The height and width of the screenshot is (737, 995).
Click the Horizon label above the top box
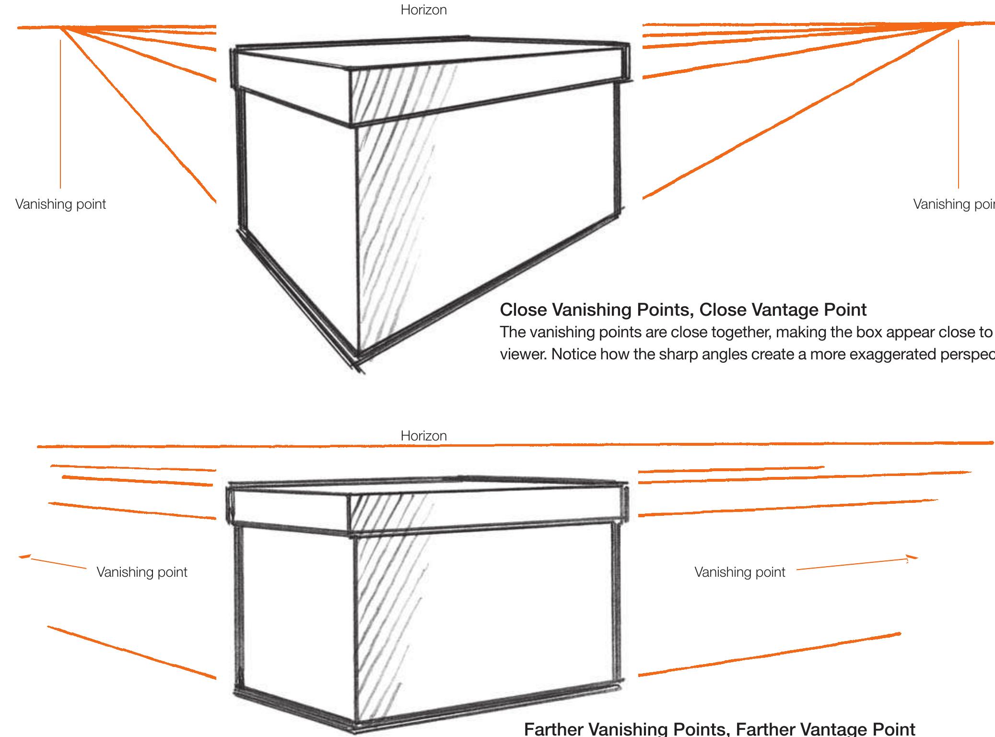(x=423, y=10)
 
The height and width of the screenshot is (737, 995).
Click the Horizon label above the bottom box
(x=423, y=436)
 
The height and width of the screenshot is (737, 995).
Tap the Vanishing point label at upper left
(x=60, y=204)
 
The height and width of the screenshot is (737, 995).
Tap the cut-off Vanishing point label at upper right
(x=953, y=204)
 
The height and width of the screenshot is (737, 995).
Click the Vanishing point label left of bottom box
(x=142, y=572)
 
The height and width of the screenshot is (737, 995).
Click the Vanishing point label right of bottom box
(x=739, y=572)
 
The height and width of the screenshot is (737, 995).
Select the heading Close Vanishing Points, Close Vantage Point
(x=683, y=310)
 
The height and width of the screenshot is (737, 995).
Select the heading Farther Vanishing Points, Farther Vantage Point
(x=719, y=728)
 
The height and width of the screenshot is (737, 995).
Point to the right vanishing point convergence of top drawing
(x=957, y=25)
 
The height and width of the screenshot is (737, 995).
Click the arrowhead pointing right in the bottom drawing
(x=912, y=558)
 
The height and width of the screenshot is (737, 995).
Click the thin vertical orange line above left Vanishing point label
(x=60, y=115)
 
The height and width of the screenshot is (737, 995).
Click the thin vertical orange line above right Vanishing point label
(x=959, y=115)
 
